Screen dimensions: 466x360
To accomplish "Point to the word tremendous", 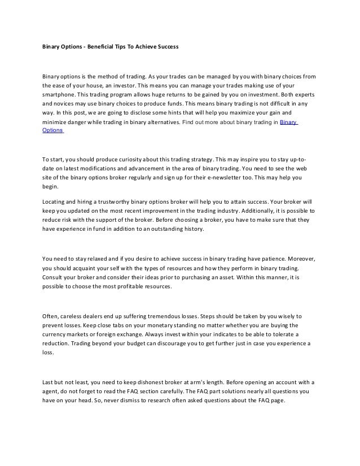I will point(172,316).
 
